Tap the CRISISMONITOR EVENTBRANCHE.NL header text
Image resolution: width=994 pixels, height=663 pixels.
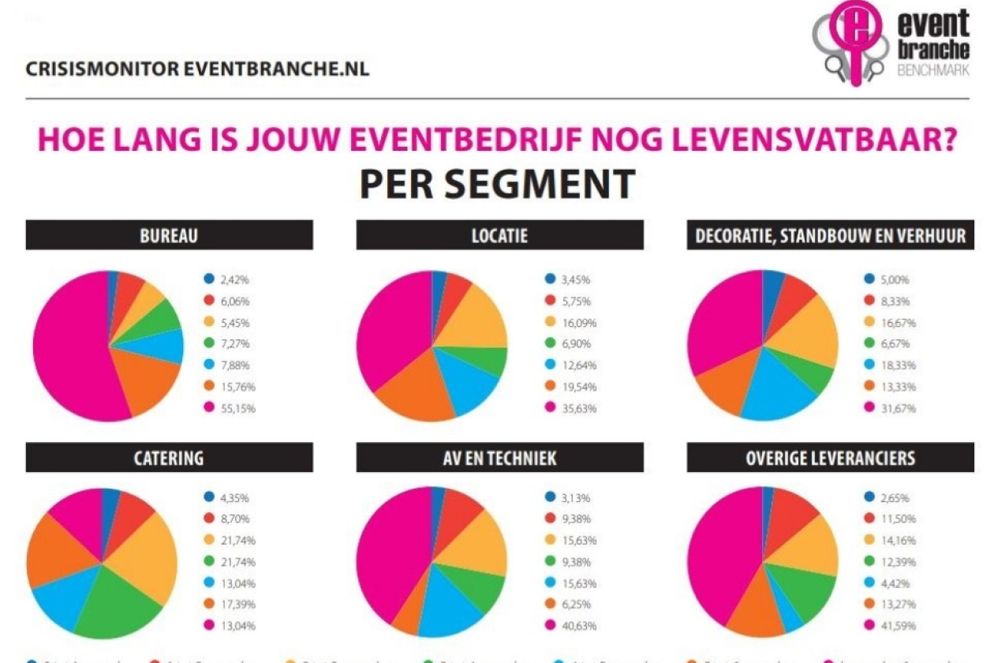click(x=197, y=69)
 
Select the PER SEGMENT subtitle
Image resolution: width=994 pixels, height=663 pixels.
click(x=497, y=183)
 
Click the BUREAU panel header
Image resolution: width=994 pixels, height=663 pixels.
click(x=169, y=235)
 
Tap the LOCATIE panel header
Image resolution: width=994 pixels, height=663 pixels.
click(x=500, y=235)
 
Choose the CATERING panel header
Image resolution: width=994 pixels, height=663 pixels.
click(x=169, y=458)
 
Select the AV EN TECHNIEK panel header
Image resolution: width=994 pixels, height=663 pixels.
click(x=500, y=458)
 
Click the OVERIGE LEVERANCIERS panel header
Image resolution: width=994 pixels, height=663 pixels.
click(x=830, y=458)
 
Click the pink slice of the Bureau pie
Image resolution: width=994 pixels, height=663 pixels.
click(x=67, y=347)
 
